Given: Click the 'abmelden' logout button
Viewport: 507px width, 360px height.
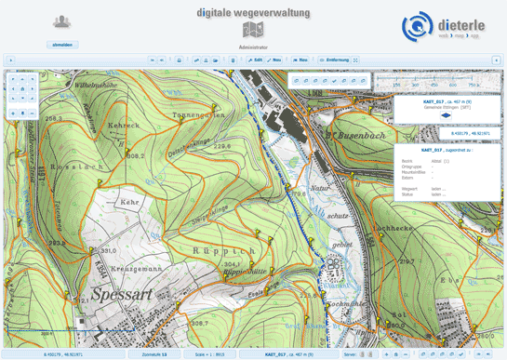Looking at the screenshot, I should [62, 44].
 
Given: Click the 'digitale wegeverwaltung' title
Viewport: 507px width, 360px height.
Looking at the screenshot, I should [253, 13].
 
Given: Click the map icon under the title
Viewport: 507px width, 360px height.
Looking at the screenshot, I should [253, 31].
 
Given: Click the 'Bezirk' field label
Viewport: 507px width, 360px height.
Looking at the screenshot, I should [407, 161].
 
